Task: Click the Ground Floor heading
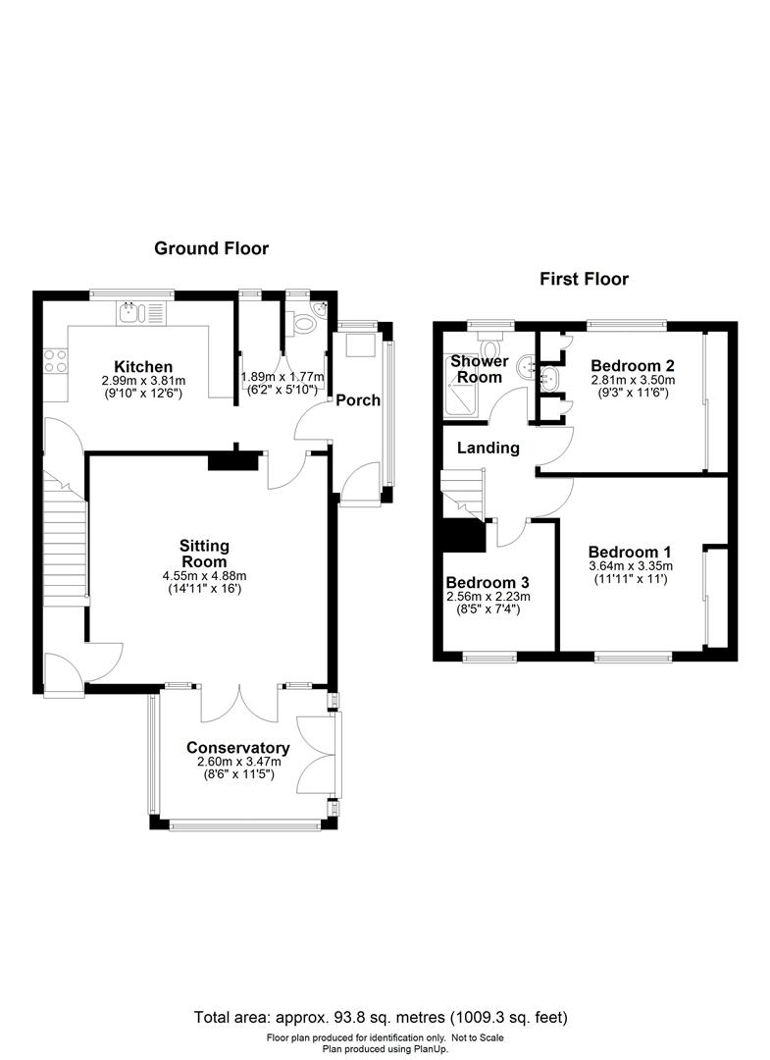tap(211, 248)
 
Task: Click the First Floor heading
tap(584, 279)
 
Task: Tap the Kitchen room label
tap(142, 366)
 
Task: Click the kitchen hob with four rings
tap(55, 361)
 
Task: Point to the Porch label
tap(358, 400)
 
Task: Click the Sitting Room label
tap(204, 554)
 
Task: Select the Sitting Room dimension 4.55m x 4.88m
tap(204, 576)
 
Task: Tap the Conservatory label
tap(238, 747)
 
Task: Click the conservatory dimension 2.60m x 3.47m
tap(238, 762)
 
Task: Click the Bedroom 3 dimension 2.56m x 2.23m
tap(488, 597)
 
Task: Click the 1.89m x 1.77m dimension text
tap(282, 376)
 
